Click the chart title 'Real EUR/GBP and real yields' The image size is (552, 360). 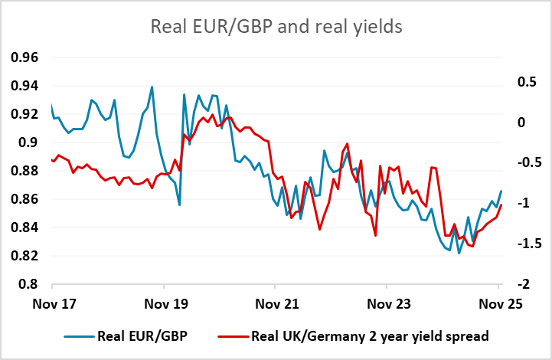(x=276, y=27)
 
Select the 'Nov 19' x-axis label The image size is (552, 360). (x=165, y=302)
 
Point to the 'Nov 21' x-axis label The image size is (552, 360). (x=276, y=302)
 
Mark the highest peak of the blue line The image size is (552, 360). (x=152, y=87)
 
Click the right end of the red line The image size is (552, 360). (x=501, y=205)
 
